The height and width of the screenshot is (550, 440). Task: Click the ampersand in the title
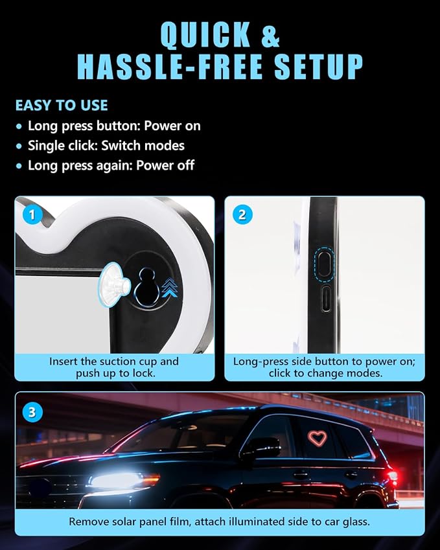(270, 34)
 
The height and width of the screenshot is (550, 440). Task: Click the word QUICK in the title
(205, 34)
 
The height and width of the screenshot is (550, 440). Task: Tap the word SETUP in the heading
(318, 67)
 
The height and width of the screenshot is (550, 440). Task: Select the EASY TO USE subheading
(62, 105)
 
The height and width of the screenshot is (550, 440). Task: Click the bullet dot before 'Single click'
(19, 146)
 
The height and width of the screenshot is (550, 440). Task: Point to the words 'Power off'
(165, 165)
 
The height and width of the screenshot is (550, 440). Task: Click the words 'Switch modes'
(143, 146)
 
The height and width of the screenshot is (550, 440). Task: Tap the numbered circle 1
(32, 214)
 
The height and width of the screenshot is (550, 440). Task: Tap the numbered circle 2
(242, 214)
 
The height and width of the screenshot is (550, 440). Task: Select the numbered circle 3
(32, 412)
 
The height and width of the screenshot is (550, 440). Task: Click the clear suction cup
(113, 284)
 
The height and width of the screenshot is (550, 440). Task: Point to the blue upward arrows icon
(170, 287)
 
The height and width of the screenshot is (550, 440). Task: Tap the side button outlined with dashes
(324, 264)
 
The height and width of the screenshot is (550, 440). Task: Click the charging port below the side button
(327, 299)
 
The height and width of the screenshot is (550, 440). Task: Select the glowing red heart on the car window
(317, 439)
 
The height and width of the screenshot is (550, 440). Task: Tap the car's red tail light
(392, 476)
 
